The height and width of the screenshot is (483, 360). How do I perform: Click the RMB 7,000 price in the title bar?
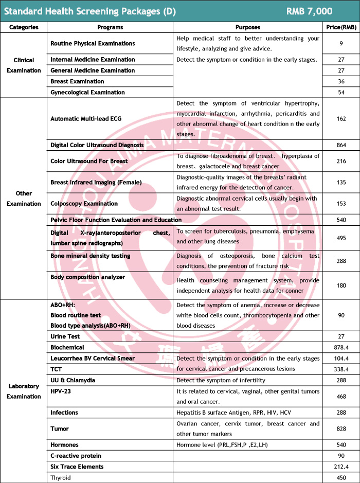309,11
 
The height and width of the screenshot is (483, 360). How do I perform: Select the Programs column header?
110,27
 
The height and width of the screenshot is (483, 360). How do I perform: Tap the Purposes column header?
247,27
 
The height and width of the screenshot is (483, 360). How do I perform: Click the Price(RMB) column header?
341,27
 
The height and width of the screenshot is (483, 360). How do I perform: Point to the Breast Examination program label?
77,81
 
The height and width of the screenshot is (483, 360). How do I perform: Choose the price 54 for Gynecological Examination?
341,93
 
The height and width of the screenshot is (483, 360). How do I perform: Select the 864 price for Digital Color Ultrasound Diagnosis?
341,145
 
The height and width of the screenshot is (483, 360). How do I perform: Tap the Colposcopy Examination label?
84,204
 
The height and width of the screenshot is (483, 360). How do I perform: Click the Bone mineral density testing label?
91,256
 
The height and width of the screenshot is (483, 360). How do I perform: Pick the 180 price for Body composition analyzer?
341,285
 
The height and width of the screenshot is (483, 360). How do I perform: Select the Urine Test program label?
65,336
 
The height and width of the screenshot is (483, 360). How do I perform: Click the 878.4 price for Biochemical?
341,348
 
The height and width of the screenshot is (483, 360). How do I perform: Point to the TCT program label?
57,369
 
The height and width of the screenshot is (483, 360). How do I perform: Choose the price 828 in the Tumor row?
341,428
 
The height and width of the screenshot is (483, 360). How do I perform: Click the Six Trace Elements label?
77,467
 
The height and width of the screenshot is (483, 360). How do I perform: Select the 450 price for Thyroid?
341,477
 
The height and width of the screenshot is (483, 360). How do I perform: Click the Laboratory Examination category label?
24,391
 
